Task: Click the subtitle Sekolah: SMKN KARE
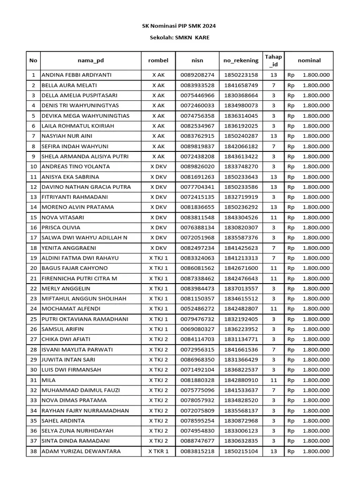[180, 37]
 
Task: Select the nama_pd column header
[91, 60]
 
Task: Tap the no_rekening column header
[241, 60]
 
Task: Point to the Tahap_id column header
[273, 60]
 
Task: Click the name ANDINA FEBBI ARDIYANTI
[77, 75]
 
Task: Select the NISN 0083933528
[197, 85]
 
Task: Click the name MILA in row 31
[49, 380]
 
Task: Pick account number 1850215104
[241, 451]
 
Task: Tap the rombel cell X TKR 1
[158, 451]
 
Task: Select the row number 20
[33, 268]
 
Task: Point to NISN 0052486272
[197, 309]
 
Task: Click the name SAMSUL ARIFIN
[63, 329]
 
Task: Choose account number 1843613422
[241, 157]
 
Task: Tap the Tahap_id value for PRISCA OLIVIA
[273, 227]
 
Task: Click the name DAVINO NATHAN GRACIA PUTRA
[86, 187]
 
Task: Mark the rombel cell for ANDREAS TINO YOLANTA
[158, 166]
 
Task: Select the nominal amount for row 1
[309, 75]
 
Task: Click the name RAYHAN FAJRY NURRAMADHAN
[85, 411]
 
